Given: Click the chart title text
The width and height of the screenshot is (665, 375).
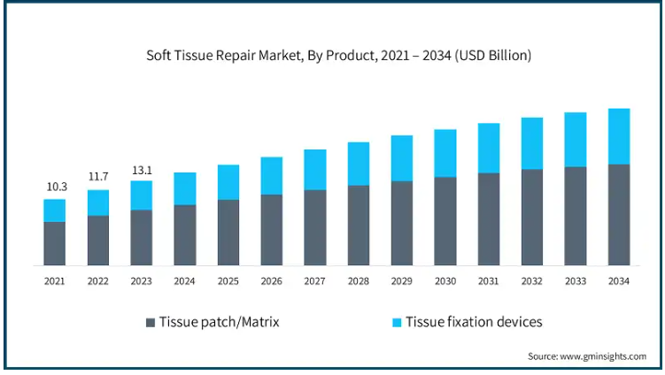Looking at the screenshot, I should [339, 56].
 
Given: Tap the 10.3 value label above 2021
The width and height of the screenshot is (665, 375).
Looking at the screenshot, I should [57, 187].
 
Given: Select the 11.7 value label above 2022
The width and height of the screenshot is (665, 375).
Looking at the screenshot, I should [98, 177].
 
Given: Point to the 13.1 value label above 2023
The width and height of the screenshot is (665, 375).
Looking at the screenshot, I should [142, 169].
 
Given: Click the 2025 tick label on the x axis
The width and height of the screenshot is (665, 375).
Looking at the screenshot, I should [228, 280].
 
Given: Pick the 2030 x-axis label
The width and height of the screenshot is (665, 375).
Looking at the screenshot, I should [445, 280].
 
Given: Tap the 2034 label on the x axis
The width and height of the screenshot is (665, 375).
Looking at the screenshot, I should [619, 280].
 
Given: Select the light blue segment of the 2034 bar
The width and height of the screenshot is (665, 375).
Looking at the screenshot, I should [619, 136].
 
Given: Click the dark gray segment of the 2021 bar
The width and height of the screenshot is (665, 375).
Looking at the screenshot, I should [55, 243].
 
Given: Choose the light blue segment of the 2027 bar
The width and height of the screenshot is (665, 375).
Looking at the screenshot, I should [315, 170].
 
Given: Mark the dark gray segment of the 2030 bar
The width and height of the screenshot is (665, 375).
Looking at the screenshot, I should [445, 221].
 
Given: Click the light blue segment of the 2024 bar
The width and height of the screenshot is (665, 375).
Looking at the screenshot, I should [185, 188].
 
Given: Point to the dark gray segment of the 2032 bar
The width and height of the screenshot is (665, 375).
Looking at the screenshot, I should [532, 217].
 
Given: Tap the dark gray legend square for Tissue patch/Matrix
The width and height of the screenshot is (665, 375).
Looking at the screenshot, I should [151, 322].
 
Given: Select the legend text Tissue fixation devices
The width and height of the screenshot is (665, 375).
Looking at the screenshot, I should [474, 322].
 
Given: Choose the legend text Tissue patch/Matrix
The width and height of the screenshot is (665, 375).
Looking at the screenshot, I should [219, 322].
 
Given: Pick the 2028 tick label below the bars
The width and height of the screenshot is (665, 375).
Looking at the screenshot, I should [359, 280].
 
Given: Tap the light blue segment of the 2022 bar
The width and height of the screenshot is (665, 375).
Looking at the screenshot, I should [98, 203].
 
